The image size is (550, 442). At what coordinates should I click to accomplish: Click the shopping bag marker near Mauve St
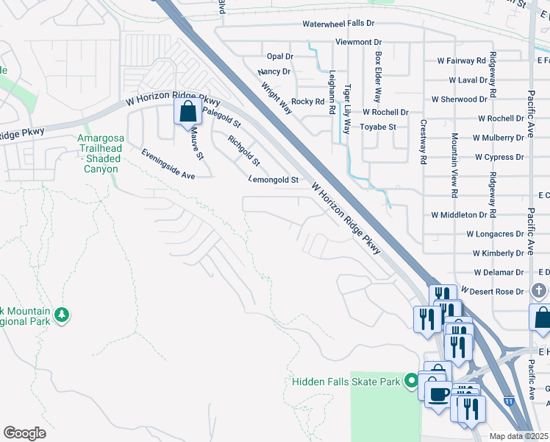187,112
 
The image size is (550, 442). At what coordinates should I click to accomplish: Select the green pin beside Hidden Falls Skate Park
412,381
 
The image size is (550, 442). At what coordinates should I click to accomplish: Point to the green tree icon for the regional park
63,315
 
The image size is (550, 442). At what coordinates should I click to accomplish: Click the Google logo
24,432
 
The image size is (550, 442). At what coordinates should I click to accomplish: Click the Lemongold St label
274,179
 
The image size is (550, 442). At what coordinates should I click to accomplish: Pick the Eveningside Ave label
168,164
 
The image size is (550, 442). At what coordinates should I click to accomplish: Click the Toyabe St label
378,127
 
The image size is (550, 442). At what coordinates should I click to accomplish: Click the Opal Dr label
280,56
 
